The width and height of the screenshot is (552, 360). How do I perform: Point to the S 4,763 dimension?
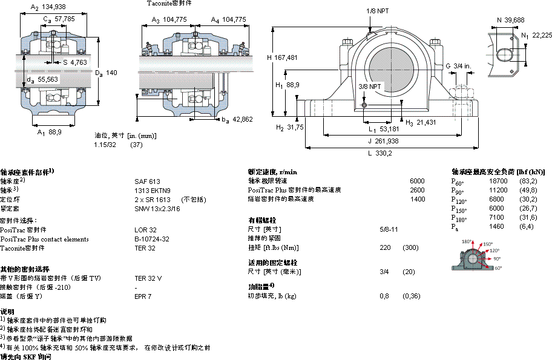pos(75,62)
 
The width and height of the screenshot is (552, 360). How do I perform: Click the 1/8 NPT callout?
pos(378,11)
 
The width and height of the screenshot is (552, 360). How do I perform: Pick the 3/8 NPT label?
pos(370,86)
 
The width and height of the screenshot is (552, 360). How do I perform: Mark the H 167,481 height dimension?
pos(282,57)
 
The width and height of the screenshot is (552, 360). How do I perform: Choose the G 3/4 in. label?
pos(458,65)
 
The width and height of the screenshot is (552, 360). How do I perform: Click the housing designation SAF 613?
pos(147,181)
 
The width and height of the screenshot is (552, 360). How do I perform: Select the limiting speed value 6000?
pos(417,181)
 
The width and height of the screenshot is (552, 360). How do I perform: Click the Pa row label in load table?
pos(455,227)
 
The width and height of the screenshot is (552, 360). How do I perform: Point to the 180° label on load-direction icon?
pos(467,241)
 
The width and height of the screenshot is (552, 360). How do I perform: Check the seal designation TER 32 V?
pos(148,278)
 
